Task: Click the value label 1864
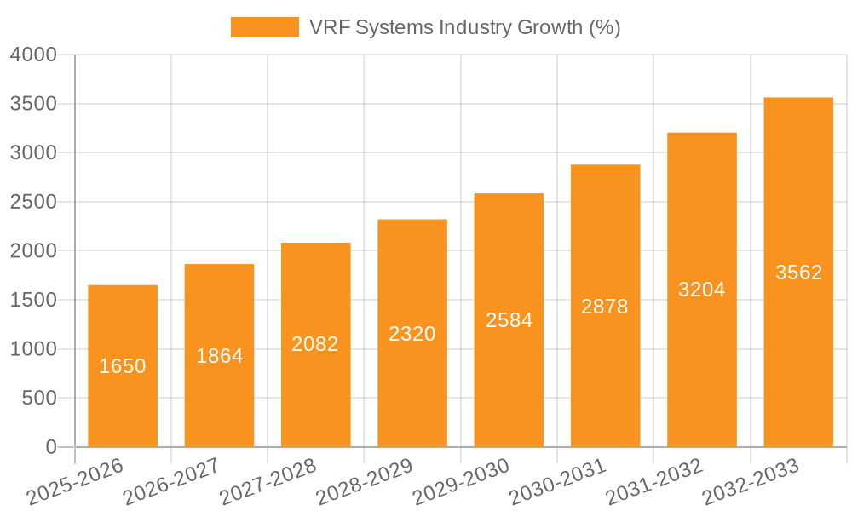[220, 356]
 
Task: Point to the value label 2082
[315, 344]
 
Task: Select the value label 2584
[509, 320]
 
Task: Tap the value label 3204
[702, 290]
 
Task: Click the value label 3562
[798, 273]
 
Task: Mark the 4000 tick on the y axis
[33, 55]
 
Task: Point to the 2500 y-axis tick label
[33, 202]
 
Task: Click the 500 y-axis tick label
[40, 398]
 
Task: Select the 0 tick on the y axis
[51, 447]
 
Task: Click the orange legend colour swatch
[265, 27]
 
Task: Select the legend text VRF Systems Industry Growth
[465, 27]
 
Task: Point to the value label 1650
[123, 366]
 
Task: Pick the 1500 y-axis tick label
[33, 300]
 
